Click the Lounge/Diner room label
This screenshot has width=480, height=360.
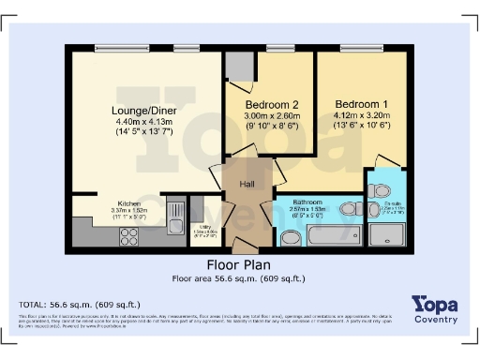(x=145, y=111)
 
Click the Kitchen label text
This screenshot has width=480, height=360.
(x=129, y=202)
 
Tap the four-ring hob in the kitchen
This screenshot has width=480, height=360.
(x=129, y=236)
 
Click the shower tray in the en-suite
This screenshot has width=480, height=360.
(x=390, y=234)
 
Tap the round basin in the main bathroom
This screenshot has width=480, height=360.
(x=289, y=238)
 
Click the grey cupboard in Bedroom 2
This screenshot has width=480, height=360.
(x=238, y=67)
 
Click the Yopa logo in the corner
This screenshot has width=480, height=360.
(x=434, y=305)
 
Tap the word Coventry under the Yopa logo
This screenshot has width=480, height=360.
(x=435, y=320)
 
